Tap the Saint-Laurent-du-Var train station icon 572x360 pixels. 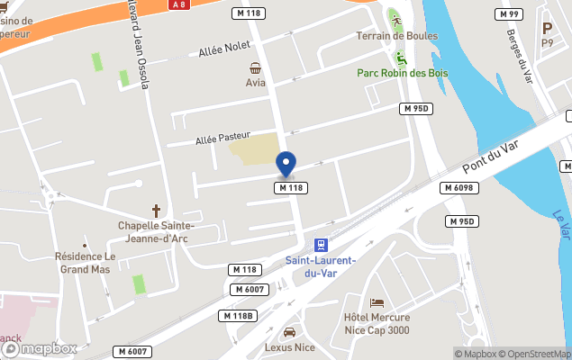point(321,245)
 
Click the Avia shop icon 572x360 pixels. point(256,67)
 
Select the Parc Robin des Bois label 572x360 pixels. point(403,73)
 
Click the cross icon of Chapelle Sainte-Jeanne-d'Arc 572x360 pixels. point(156,210)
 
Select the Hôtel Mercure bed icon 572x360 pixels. point(377,302)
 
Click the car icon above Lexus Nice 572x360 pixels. point(289,331)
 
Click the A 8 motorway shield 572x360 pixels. point(177,4)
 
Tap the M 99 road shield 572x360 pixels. point(510,14)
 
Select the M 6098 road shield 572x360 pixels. point(458,187)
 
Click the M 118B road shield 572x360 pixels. point(238,316)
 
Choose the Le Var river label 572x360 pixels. point(559,225)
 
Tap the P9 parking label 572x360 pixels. point(547,42)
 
